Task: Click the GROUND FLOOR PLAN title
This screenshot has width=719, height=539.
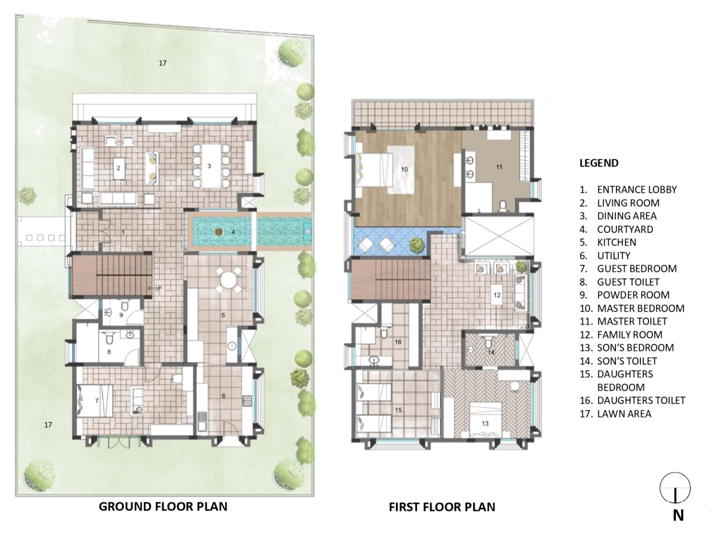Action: (163, 506)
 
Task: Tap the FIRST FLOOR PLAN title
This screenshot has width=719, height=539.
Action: (442, 507)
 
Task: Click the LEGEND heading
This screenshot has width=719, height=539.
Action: (599, 163)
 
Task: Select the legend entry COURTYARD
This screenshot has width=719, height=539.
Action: (625, 229)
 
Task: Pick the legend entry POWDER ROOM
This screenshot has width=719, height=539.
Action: (633, 295)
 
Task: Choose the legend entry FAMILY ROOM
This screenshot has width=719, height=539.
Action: (630, 334)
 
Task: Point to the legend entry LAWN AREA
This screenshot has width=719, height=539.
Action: (624, 414)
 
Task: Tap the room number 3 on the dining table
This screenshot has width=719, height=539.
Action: (209, 166)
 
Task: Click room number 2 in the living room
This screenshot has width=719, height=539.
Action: (118, 168)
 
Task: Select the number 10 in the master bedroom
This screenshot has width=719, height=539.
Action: (404, 169)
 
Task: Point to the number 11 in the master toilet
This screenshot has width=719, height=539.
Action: (499, 167)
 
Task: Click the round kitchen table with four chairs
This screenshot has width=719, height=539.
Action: (228, 280)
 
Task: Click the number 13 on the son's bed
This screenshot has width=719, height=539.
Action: (485, 423)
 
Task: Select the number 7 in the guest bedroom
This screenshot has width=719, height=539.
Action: (96, 401)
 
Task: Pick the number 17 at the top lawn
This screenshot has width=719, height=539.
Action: (162, 63)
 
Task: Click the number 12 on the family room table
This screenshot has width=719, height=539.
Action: (497, 295)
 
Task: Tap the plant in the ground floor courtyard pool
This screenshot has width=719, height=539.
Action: (218, 232)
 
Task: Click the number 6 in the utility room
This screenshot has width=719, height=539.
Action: (223, 396)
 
